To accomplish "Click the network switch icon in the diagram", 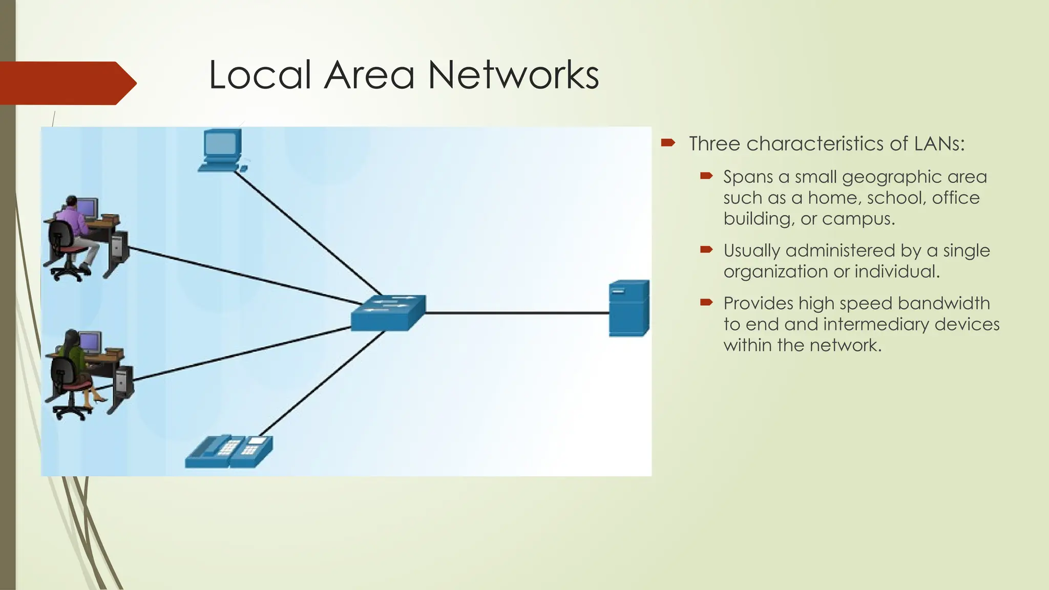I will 388,312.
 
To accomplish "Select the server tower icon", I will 629,308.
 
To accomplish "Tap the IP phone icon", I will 229,452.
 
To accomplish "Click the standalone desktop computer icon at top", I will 222,150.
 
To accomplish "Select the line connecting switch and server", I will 517,312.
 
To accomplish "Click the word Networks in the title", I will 513,75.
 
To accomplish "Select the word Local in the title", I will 260,75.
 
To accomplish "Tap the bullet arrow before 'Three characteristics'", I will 668,143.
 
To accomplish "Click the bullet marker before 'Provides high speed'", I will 706,303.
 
